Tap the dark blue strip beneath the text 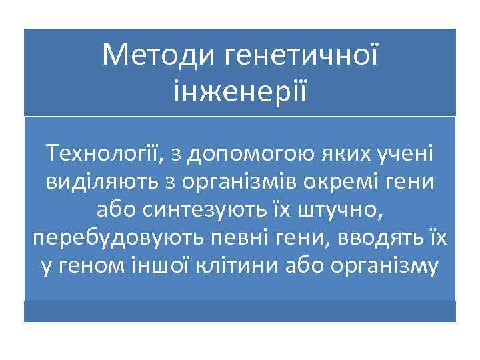(239, 311)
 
